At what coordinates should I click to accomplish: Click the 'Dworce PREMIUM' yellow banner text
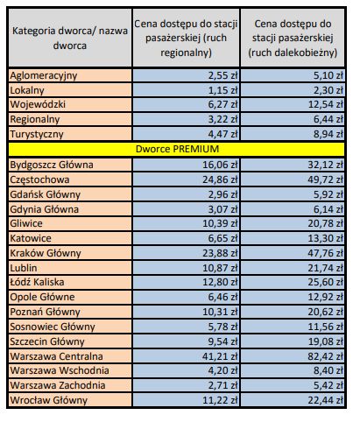click(177, 149)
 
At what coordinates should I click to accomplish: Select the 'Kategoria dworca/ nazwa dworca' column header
click(70, 38)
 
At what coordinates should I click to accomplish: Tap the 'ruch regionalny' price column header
click(186, 38)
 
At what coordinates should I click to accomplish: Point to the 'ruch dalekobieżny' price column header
click(293, 38)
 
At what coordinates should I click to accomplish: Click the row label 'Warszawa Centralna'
click(56, 356)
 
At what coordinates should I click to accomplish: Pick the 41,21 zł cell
click(220, 356)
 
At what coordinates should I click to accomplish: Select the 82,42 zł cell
click(325, 356)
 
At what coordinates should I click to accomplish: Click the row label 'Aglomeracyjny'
click(44, 75)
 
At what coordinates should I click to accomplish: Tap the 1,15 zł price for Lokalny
click(222, 90)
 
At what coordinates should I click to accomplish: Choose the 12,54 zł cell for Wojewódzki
click(326, 104)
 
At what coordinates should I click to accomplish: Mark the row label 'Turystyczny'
click(37, 134)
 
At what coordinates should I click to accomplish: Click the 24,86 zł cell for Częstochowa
click(220, 179)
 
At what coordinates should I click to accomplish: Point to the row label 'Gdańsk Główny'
click(45, 194)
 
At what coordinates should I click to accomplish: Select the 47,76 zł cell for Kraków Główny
click(325, 253)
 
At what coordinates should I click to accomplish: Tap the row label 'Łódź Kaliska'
click(37, 282)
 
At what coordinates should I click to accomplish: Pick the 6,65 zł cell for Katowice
click(222, 238)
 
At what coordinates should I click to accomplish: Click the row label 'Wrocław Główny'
click(48, 400)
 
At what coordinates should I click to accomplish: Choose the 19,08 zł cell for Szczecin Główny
click(326, 341)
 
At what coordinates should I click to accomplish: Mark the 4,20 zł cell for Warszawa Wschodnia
click(222, 370)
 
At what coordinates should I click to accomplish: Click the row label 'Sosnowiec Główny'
click(53, 327)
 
